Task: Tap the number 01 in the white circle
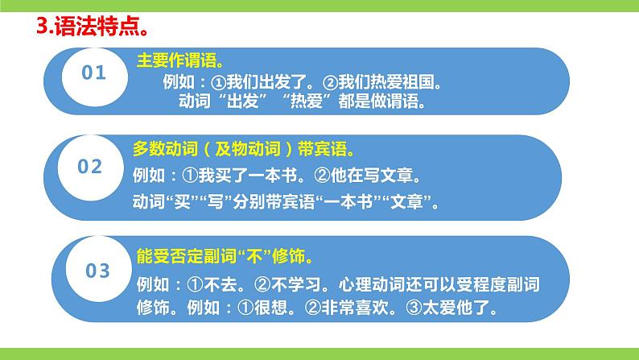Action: (95, 73)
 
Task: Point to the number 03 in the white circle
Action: (97, 271)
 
